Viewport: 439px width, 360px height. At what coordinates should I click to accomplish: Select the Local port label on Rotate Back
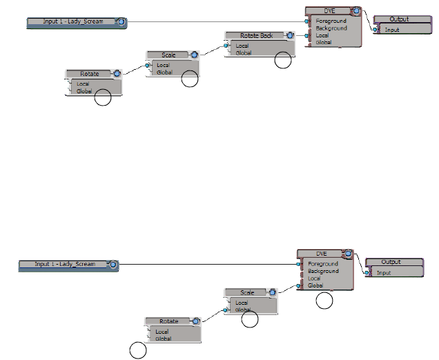point(242,46)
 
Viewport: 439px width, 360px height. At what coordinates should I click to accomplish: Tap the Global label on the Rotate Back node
point(244,53)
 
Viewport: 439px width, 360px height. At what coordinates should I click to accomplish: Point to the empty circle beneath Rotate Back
point(283,61)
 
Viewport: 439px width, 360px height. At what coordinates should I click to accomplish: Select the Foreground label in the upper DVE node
point(331,21)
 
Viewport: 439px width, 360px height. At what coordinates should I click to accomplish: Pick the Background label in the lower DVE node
point(323,272)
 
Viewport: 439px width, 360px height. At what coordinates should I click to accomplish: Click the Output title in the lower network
point(391,262)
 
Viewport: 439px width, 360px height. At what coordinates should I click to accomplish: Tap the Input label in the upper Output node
point(391,30)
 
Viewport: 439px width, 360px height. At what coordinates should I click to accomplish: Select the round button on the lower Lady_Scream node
point(113,265)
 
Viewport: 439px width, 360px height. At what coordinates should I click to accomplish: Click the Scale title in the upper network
point(168,55)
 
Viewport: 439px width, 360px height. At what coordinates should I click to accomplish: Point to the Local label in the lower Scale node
point(242,303)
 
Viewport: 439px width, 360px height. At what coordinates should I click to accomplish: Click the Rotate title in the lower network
point(168,321)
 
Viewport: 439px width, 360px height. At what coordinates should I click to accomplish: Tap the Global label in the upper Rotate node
point(84,91)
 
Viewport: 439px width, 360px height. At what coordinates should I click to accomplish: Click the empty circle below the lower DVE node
point(324,301)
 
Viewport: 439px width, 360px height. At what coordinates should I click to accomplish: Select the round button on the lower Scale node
point(273,292)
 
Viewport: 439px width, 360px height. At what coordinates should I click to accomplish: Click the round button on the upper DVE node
point(355,11)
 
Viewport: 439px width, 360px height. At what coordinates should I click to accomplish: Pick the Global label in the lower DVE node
point(315,285)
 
